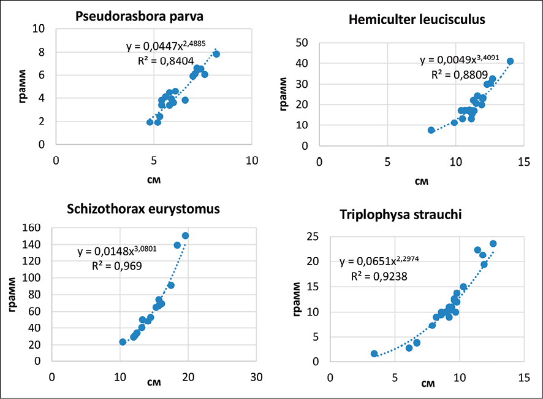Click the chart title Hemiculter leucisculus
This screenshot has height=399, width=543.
(x=416, y=20)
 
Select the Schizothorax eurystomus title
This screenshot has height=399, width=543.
(x=143, y=209)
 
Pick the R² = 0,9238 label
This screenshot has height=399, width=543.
(x=379, y=276)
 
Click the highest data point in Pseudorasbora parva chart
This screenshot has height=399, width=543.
(x=216, y=54)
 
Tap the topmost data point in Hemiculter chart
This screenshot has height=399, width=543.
(x=510, y=61)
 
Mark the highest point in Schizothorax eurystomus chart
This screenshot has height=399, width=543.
(x=185, y=236)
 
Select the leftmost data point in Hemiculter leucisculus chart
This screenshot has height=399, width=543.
(x=431, y=130)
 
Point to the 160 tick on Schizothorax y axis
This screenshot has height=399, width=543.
(x=32, y=228)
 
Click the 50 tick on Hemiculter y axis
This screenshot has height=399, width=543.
(x=301, y=42)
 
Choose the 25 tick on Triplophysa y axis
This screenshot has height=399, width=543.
(x=314, y=236)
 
